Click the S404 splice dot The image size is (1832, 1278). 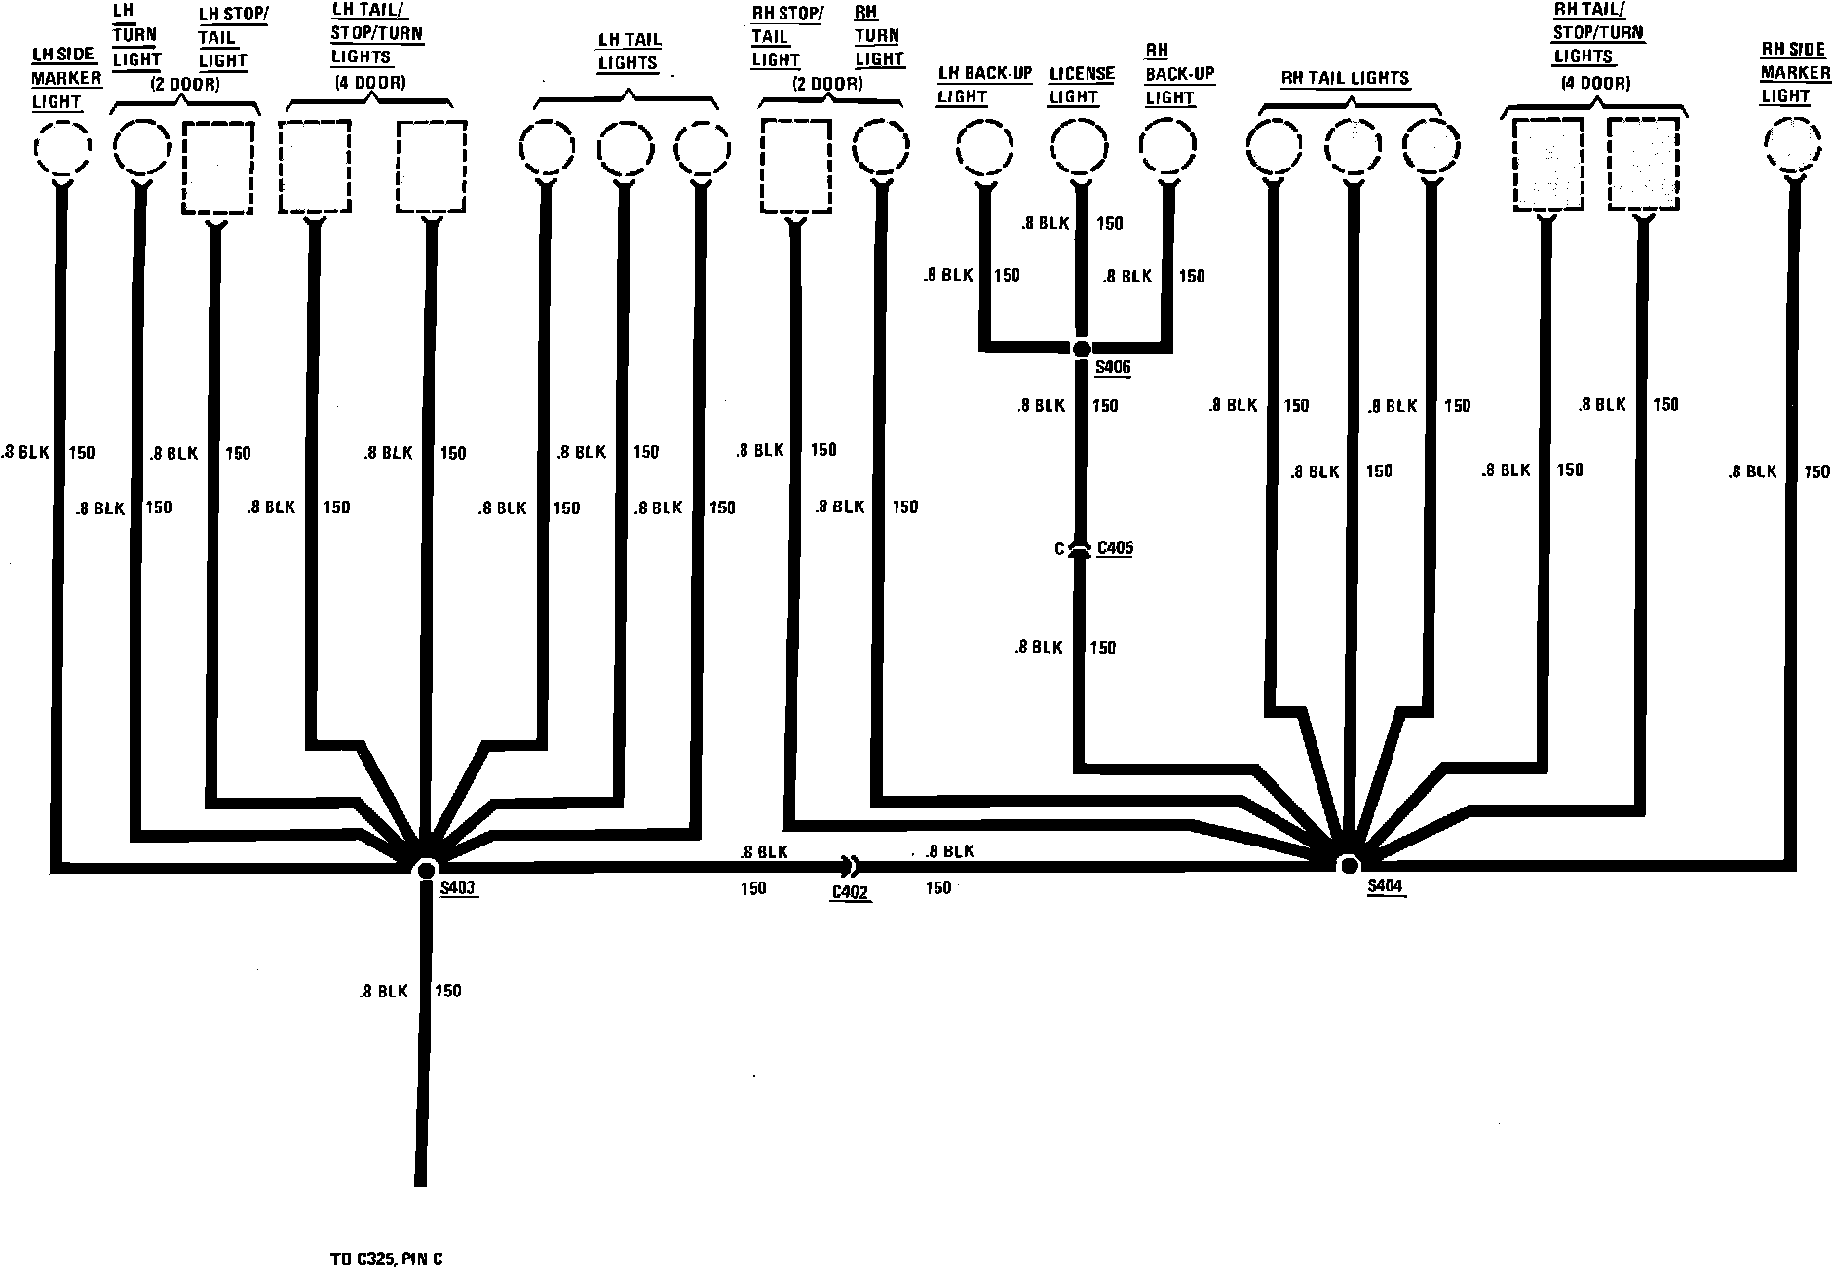[1348, 865]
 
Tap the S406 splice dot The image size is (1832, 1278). [1081, 348]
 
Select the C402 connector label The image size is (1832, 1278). [850, 891]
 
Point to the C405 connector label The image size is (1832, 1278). [1115, 548]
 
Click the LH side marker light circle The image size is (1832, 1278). [62, 148]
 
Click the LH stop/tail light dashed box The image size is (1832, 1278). [218, 168]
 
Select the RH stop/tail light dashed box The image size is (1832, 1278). [795, 166]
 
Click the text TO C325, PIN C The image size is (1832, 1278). [387, 1259]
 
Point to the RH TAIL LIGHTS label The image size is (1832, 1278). [1345, 78]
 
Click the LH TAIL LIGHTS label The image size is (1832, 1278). [629, 52]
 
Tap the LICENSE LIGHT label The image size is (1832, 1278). [1081, 85]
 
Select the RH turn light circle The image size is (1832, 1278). [881, 148]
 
